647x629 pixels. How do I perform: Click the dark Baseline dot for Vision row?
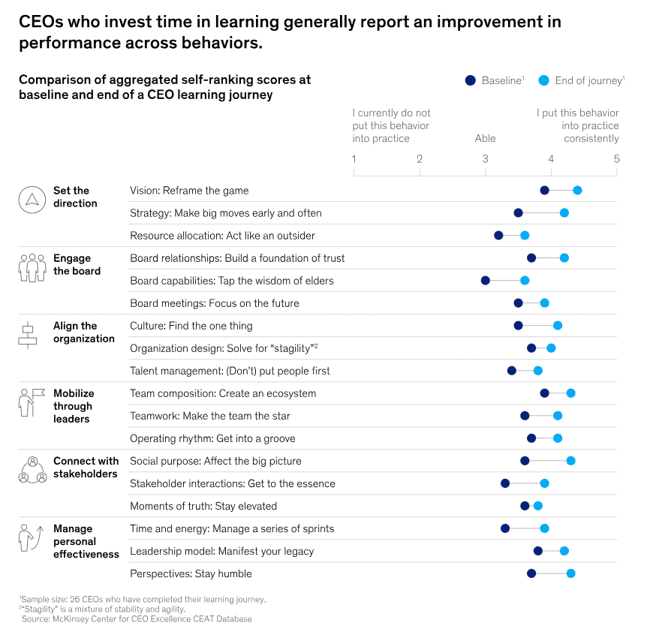[x=544, y=191]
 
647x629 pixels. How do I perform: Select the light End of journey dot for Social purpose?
[x=570, y=461]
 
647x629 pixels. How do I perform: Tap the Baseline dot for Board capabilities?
[x=485, y=281]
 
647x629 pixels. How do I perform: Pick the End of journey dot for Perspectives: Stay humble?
[x=570, y=573]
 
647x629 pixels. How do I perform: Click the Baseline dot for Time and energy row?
[x=505, y=528]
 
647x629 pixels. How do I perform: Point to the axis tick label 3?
[x=485, y=159]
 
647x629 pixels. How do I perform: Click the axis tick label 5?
[x=616, y=159]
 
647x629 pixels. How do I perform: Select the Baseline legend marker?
[x=471, y=80]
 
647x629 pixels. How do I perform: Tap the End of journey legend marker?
[x=545, y=80]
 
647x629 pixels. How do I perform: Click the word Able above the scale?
[x=485, y=138]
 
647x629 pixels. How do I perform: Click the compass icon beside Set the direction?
[x=32, y=199]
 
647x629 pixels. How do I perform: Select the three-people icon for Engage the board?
[x=32, y=267]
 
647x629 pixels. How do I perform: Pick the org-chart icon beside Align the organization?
[x=27, y=335]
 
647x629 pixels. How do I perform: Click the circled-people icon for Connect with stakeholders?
[x=32, y=470]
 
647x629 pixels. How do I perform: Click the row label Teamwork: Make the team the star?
[x=209, y=416]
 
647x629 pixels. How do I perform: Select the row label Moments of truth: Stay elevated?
[x=203, y=506]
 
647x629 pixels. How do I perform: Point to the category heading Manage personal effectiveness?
[x=86, y=541]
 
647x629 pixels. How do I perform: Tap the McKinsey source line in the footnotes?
[x=137, y=618]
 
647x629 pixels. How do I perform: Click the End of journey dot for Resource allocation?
[x=525, y=236]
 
